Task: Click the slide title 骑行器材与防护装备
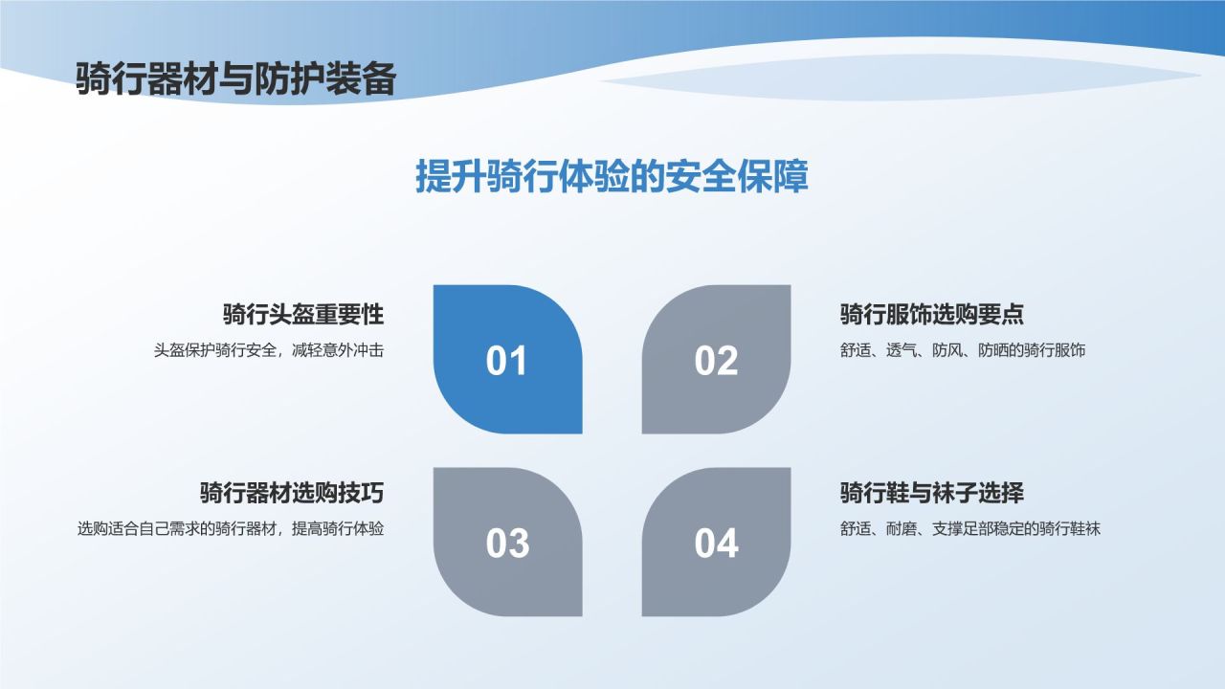(235, 78)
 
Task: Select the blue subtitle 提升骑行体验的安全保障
(612, 177)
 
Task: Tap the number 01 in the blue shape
(507, 362)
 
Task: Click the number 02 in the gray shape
(716, 362)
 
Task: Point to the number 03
(507, 544)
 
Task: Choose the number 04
(716, 544)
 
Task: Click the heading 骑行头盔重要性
(302, 314)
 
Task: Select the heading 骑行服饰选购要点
(932, 314)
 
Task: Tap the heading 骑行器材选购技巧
(291, 493)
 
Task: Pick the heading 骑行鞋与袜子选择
(932, 493)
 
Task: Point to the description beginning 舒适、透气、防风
(963, 350)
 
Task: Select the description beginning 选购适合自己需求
(231, 528)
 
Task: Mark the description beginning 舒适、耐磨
(970, 528)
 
